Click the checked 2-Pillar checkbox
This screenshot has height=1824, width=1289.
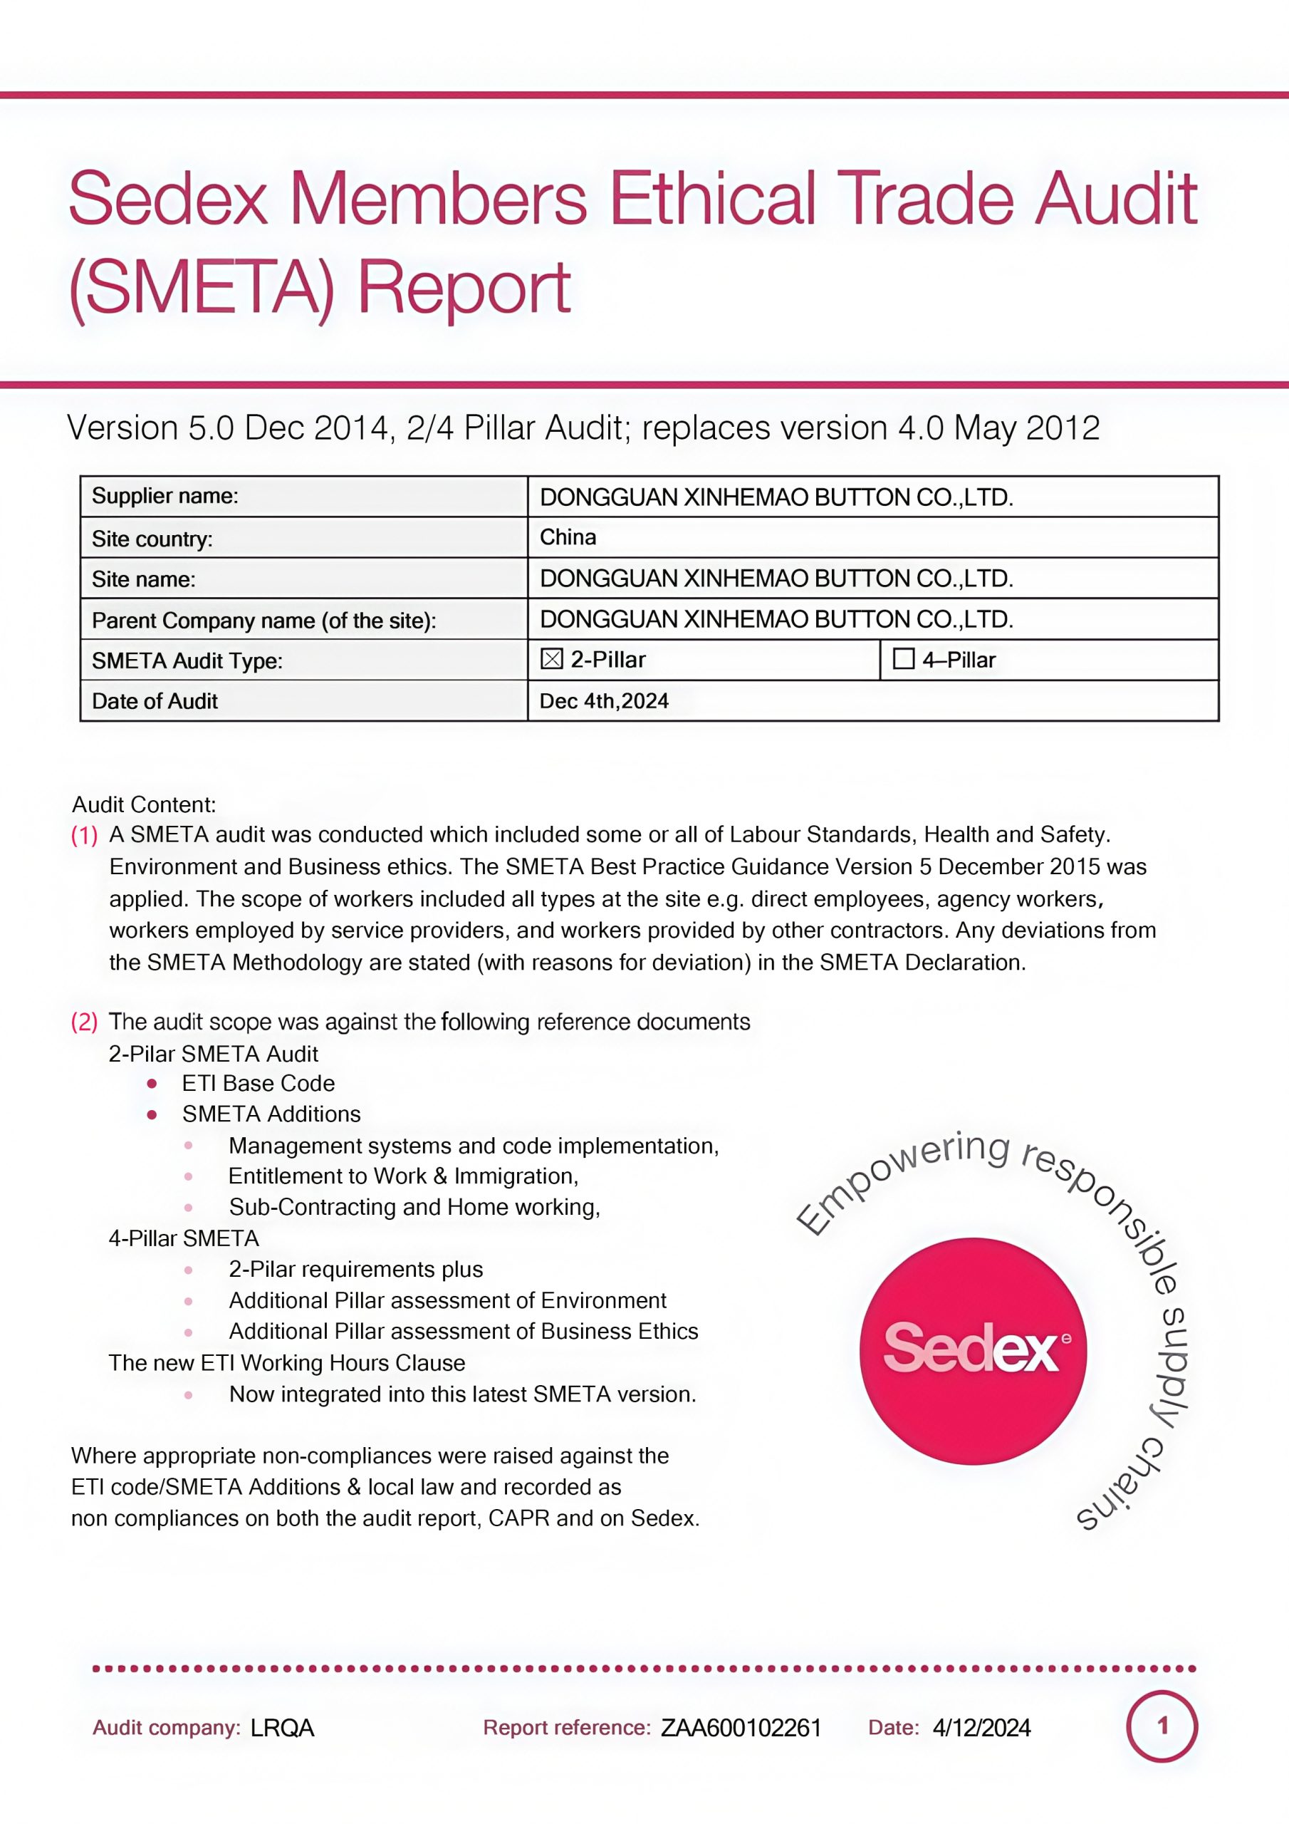[551, 659]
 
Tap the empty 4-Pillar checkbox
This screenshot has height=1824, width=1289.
[903, 659]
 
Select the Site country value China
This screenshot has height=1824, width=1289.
[568, 538]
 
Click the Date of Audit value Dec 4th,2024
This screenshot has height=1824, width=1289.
[604, 700]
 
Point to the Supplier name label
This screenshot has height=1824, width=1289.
[165, 497]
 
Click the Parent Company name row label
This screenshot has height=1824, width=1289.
[263, 621]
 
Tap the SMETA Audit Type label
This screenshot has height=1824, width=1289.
[187, 661]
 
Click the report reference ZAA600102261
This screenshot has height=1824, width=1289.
[741, 1728]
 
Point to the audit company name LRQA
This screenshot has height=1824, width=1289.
[282, 1728]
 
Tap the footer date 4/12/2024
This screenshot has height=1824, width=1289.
[981, 1728]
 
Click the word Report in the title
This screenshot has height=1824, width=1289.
[464, 288]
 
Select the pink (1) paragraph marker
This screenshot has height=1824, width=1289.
[84, 836]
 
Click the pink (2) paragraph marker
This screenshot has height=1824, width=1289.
[84, 1022]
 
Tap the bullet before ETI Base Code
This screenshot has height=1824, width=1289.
[152, 1084]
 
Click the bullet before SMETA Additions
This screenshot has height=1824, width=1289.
[152, 1114]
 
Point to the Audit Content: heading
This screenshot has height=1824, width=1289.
[144, 804]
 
